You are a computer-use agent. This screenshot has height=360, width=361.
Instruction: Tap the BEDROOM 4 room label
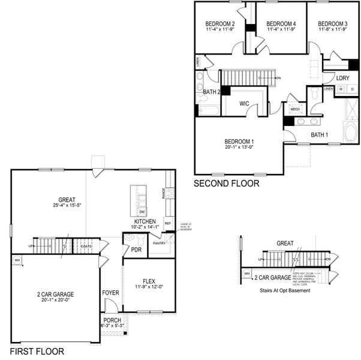point(281,24)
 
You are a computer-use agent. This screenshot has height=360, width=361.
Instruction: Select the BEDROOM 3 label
point(333,24)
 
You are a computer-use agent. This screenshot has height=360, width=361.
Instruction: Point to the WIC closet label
point(244,104)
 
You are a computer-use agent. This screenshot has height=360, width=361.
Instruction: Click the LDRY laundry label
point(342,78)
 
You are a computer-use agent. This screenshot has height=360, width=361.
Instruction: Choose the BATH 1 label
point(319,135)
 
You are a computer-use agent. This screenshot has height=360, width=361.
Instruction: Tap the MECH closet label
point(295,109)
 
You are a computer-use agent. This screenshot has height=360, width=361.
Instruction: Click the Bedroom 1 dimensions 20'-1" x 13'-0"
point(238,147)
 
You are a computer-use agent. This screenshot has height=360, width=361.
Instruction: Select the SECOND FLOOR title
point(227,184)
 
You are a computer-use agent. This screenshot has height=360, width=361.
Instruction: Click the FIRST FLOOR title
point(37,352)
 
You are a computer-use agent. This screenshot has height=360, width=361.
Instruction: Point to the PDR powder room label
point(136,250)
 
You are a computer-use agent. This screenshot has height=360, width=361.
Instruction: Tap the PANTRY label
point(159,243)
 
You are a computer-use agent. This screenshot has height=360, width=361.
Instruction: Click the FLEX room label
point(149,281)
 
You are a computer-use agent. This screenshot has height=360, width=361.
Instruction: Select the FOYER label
point(110,293)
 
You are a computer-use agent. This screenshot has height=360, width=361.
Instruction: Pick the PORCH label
point(113,320)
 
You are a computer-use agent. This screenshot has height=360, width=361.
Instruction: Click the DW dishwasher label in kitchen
point(142,212)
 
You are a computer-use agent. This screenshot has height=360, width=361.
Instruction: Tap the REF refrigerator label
point(167,223)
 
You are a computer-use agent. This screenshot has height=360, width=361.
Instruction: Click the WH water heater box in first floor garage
point(17,260)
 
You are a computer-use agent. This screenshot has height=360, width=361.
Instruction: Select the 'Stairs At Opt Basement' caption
point(285,290)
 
